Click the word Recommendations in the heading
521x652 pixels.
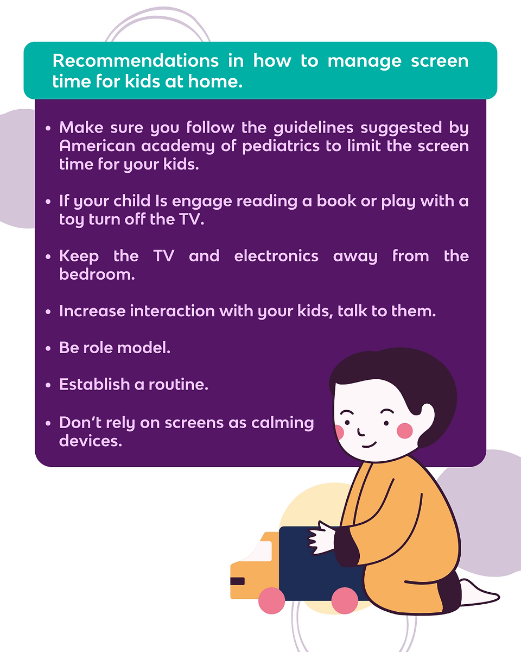pos(135,61)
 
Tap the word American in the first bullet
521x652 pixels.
pos(97,146)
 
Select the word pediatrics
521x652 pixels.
pos(281,147)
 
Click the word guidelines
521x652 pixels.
pos(313,128)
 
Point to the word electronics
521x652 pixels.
pos(276,256)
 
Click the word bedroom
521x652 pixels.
pos(97,274)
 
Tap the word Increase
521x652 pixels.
pos(92,311)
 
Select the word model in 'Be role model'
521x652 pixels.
pos(144,348)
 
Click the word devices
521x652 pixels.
pos(91,441)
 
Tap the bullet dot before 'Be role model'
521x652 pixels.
pos(48,348)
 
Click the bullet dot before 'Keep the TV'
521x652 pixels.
pos(48,257)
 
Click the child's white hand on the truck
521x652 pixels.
pos(321,538)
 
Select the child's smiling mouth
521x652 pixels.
pos(369,445)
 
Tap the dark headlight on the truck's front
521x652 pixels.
pos(237,581)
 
